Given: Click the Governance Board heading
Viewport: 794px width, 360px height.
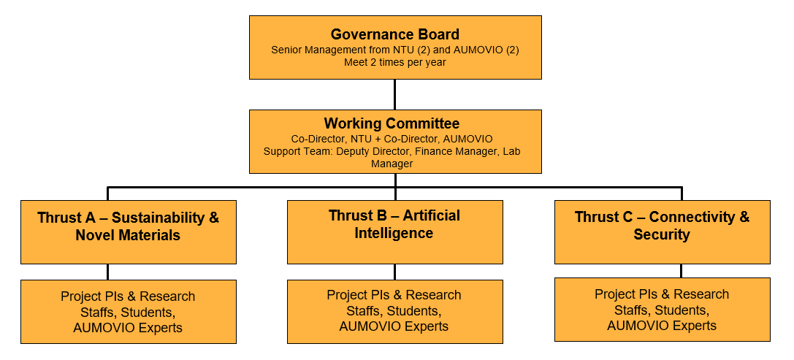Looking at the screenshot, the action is coord(395,34).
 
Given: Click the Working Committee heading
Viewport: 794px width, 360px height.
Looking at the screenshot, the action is coord(392,123).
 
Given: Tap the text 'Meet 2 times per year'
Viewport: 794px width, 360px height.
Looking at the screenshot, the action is coord(395,63).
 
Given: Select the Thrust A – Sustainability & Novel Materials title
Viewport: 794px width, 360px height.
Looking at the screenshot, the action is coord(128,226).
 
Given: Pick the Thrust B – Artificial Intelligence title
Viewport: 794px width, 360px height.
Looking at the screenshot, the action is coord(394,223).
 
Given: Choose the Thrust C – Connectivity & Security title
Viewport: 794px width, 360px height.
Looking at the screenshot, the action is coord(662,226).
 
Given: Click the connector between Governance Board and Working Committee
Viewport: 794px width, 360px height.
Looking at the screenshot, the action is coord(395,94).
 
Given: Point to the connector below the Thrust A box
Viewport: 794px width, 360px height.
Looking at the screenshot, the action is coord(108,272).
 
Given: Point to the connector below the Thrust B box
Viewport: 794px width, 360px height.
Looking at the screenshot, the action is coord(395,272).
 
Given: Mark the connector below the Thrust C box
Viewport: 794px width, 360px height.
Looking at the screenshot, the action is coord(681,271).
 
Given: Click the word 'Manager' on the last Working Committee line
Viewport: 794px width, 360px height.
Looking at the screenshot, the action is coord(392,164).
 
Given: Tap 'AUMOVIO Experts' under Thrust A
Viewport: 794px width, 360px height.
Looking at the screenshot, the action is coord(128,328).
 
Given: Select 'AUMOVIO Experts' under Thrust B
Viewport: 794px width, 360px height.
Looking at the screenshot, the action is coord(394,326).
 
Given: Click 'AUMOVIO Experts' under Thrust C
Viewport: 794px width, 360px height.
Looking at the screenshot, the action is coord(662,325).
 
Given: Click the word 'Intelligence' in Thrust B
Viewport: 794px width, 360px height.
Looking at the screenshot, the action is coord(394,233).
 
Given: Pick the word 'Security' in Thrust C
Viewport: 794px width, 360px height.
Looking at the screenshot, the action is coord(662,234).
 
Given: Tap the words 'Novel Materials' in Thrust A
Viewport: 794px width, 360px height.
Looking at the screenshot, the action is coord(128,235).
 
